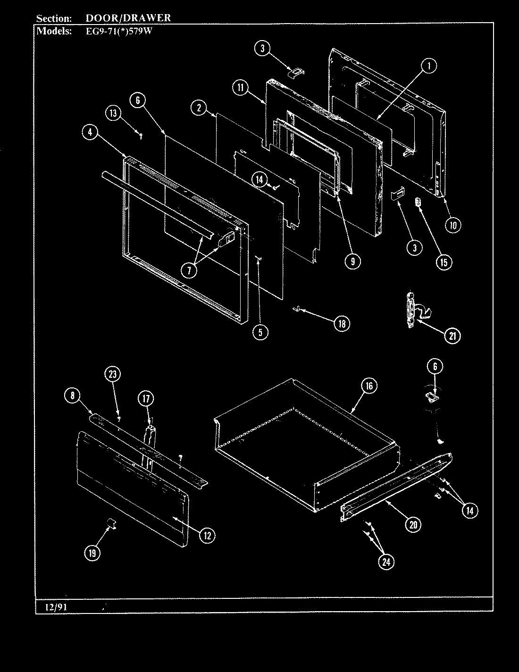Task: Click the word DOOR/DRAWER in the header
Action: point(128,18)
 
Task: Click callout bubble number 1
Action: point(428,67)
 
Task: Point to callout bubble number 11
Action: point(240,87)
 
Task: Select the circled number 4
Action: point(90,133)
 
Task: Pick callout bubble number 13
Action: point(113,113)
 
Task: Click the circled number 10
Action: point(453,225)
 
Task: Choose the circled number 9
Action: point(352,261)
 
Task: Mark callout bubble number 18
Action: point(342,324)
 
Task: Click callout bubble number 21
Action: point(452,336)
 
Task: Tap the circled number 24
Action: point(386,562)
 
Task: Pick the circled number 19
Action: point(92,553)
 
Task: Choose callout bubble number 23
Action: point(112,374)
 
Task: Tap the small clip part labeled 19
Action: point(112,523)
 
